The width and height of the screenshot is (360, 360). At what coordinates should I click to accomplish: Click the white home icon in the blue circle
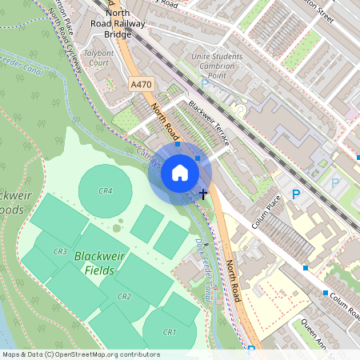click(x=180, y=173)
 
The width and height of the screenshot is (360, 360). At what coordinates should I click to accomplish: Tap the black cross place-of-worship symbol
click(x=203, y=193)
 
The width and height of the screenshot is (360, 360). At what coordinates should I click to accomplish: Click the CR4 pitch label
click(x=106, y=191)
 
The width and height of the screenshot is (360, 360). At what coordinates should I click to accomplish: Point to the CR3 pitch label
click(x=59, y=252)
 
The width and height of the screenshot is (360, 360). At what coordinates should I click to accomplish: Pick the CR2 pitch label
click(x=124, y=297)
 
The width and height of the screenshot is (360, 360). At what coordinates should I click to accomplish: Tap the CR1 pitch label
click(x=169, y=332)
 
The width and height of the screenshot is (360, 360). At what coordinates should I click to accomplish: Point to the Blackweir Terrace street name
click(x=209, y=122)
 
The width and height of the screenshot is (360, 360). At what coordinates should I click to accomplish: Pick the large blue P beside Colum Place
click(x=296, y=194)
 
